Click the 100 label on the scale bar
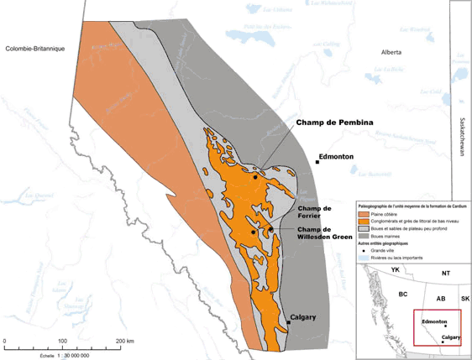pos(62,341)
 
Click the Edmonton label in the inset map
pos(433,321)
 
